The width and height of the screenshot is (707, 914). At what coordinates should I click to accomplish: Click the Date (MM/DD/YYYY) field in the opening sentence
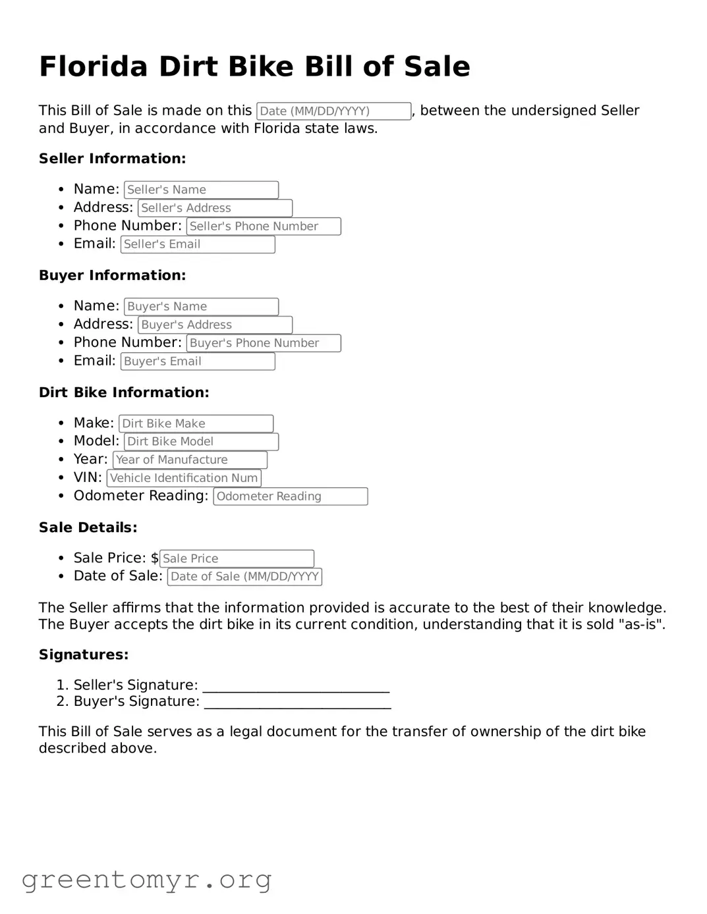(333, 111)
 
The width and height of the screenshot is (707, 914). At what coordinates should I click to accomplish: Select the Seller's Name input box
(201, 190)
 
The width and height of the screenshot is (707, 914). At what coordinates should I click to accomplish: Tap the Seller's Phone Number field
(264, 227)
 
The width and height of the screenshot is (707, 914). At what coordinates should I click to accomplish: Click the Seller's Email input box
(198, 244)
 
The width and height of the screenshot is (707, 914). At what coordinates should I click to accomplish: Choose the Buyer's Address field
(215, 325)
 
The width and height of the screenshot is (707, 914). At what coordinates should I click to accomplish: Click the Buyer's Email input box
(198, 362)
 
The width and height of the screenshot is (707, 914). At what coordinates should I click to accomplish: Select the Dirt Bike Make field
(196, 423)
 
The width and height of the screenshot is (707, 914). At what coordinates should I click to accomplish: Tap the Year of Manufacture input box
(190, 460)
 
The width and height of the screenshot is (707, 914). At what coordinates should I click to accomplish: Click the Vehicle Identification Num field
(184, 478)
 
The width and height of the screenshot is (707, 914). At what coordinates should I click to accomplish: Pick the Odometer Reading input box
(290, 497)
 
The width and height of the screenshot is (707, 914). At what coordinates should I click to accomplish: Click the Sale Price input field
(237, 558)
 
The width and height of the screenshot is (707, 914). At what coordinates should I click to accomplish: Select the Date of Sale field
(244, 577)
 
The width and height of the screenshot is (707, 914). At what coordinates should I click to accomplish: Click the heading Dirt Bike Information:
(124, 392)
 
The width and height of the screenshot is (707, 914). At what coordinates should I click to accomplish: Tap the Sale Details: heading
(88, 527)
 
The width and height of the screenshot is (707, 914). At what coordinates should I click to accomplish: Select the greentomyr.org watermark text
(146, 880)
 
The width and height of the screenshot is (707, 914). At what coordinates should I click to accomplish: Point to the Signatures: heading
(84, 655)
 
